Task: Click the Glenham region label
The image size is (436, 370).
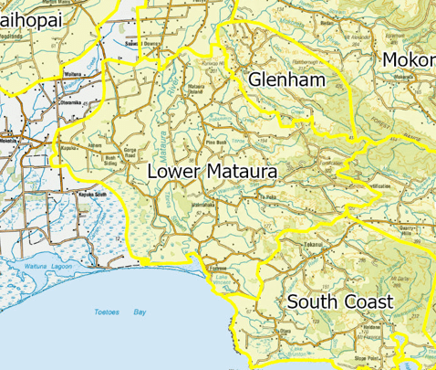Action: [x=287, y=80]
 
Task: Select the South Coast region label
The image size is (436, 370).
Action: [x=339, y=301]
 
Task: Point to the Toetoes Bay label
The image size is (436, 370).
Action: [x=114, y=312]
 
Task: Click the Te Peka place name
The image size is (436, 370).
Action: [x=267, y=196]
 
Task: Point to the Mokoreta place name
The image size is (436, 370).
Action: [x=410, y=60]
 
